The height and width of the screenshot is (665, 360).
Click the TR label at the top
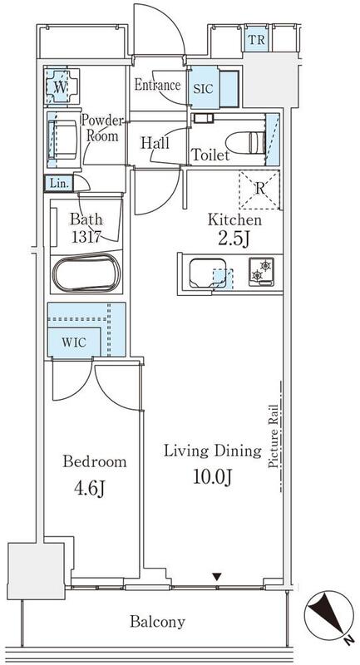257,40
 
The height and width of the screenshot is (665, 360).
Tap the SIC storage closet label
204,89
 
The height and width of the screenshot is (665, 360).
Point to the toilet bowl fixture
245,143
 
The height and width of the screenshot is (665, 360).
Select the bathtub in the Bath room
87,273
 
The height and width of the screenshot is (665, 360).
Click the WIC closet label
74,342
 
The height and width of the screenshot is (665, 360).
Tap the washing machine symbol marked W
62,86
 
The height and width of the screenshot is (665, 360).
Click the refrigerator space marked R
259,190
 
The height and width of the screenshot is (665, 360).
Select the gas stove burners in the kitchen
261,272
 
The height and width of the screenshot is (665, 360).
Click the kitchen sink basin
208,273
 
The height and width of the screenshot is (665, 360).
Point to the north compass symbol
328,614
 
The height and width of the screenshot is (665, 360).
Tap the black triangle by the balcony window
217,577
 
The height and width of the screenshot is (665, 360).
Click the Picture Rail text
274,437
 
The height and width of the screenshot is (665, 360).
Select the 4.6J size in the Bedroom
90,489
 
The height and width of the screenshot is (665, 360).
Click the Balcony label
157,622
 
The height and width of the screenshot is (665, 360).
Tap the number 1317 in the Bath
86,238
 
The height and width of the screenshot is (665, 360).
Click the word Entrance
157,86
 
